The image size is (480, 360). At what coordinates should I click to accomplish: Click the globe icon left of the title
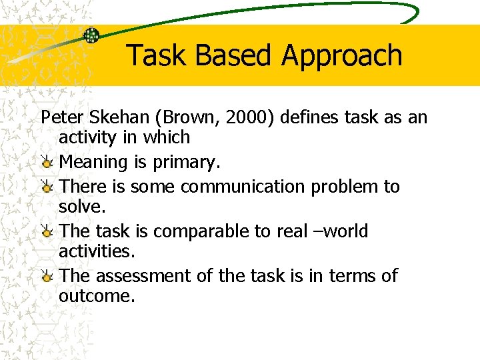91,35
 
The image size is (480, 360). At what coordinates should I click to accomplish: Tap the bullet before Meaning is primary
47,162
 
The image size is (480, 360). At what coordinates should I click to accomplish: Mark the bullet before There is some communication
47,187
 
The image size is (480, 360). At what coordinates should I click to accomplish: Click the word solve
81,207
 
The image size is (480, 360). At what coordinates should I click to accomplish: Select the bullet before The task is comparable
47,232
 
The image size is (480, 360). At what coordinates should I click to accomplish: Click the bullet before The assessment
47,276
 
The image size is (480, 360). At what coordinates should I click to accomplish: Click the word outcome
96,296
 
